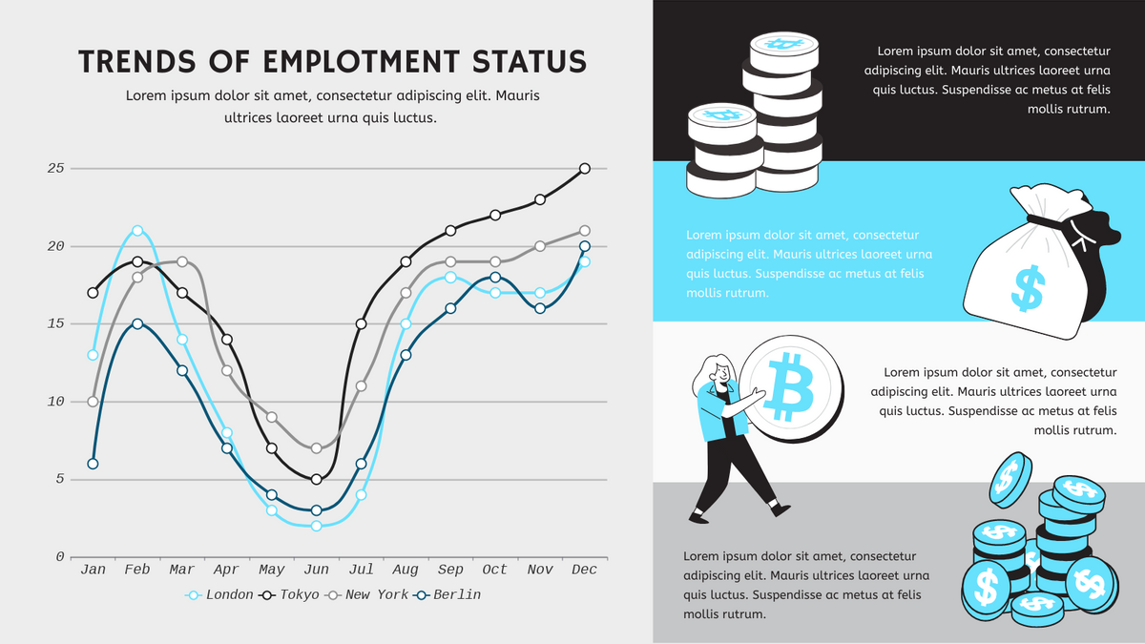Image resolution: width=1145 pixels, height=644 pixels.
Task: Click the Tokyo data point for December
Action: coord(585,169)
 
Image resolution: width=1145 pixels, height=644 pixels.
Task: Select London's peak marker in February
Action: coord(137,231)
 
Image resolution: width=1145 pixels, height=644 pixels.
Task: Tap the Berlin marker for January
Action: coord(93,464)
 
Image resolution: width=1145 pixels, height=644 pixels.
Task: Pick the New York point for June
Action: coord(317,447)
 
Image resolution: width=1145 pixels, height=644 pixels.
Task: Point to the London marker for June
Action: coord(317,526)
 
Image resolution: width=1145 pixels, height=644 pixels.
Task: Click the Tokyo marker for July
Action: coord(362,324)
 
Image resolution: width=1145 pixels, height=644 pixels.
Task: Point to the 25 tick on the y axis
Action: coord(55,169)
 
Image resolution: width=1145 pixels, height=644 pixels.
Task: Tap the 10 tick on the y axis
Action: coord(55,402)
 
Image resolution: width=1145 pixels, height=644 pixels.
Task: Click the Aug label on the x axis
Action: coord(406,570)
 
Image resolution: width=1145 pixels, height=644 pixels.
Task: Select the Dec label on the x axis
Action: coord(584,570)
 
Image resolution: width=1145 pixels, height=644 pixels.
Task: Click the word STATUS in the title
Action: coord(531,62)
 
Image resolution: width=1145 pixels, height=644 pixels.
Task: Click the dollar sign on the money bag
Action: coord(1029,290)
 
